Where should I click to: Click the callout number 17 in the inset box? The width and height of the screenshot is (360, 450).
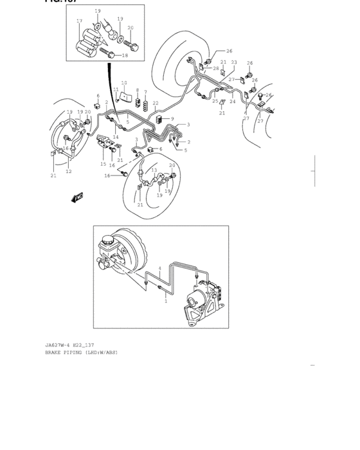click(79, 21)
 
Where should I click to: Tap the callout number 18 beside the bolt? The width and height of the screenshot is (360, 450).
click(125, 56)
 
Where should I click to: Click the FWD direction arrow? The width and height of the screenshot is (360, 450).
click(78, 198)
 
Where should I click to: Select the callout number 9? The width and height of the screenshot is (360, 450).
click(172, 118)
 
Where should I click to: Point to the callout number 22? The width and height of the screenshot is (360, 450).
click(155, 103)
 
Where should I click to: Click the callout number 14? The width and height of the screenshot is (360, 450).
click(116, 137)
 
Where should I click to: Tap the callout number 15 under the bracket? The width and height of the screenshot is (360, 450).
click(103, 165)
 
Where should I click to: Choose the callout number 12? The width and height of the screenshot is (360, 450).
click(69, 172)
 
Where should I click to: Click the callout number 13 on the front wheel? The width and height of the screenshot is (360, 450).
click(154, 170)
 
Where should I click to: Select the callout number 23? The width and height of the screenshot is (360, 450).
click(234, 62)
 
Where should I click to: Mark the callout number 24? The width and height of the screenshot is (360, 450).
click(233, 102)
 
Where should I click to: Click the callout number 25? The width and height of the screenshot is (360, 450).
click(215, 101)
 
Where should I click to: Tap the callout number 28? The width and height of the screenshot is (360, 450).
click(216, 68)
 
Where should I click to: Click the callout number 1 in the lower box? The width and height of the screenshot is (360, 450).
click(165, 301)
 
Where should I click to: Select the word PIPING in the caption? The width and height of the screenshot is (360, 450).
click(77, 353)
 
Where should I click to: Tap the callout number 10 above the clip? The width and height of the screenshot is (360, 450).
click(124, 83)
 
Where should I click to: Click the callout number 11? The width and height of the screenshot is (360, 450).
click(116, 90)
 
